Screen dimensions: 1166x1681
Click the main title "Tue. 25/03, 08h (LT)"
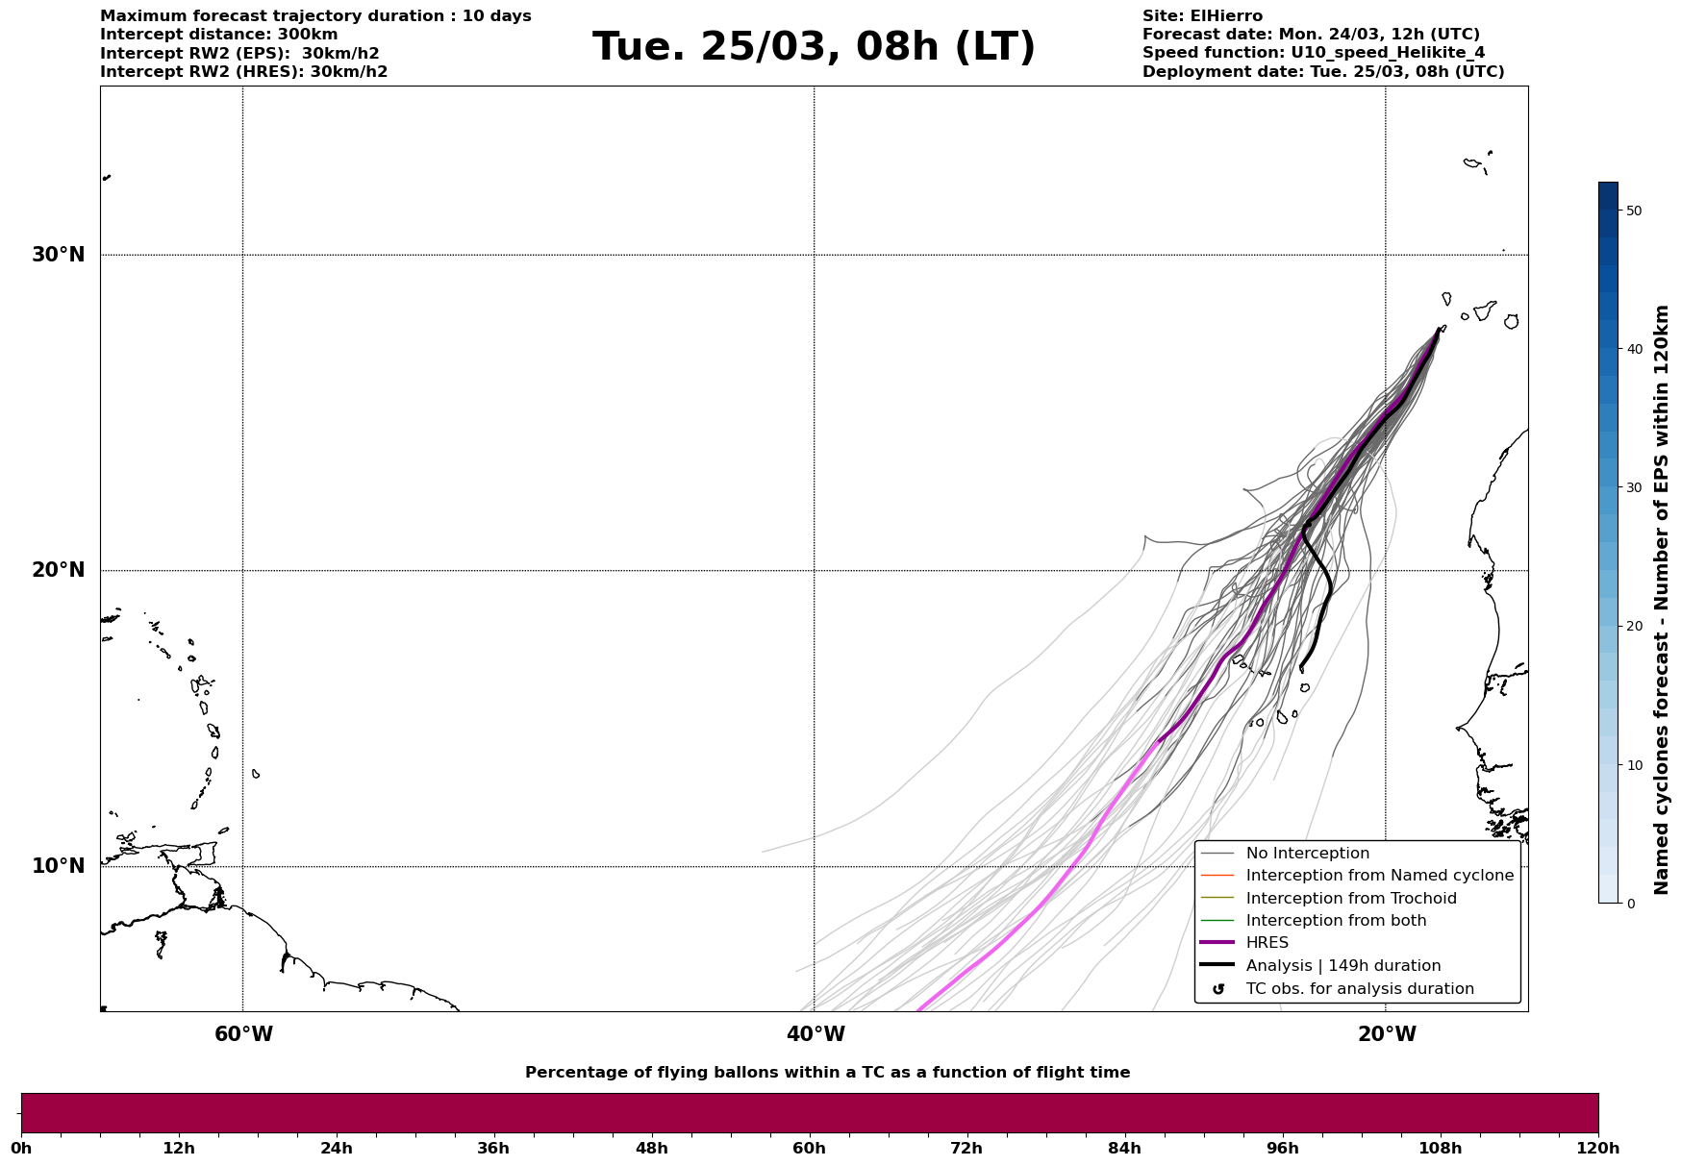tap(814, 47)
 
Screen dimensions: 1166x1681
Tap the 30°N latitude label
tap(59, 255)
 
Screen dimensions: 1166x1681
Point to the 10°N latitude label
tap(59, 866)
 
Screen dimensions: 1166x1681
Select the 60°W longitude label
tap(243, 1034)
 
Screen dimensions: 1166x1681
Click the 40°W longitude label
tap(815, 1034)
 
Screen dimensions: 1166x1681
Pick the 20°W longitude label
tap(1387, 1034)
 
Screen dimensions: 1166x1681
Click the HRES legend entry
tap(1267, 943)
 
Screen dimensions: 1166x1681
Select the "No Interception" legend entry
tap(1307, 854)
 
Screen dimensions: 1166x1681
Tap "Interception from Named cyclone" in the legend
tap(1379, 876)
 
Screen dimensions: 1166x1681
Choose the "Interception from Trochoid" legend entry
tap(1350, 899)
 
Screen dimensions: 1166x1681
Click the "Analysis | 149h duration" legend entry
tap(1342, 966)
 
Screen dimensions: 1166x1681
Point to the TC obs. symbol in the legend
tap(1218, 989)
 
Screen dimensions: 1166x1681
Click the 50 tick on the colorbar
tap(1633, 211)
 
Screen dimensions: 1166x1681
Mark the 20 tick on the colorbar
tap(1633, 627)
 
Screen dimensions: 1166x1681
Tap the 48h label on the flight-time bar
tap(651, 1148)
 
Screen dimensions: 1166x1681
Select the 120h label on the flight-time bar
tap(1598, 1148)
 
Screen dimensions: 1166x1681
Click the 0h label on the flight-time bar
tap(21, 1148)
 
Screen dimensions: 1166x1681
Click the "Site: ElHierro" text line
tap(1202, 16)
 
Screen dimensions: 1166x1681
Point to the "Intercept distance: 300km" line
tap(219, 35)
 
